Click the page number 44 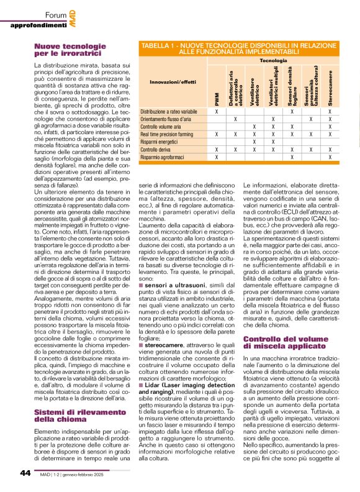(25, 473)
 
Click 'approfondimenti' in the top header (38, 25)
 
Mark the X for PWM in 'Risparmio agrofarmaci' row (216, 158)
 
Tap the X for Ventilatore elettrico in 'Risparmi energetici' (254, 142)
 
